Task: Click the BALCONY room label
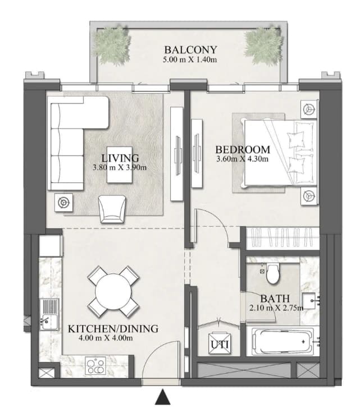190,50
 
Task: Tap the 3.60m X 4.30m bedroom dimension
242,159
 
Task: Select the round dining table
113,291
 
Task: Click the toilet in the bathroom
273,273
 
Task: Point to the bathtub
282,341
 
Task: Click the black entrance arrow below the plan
162,397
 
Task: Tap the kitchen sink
49,314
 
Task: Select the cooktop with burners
95,366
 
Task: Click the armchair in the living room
112,209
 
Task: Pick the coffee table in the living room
120,164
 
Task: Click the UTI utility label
220,345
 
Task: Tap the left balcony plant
113,45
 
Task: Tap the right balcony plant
263,46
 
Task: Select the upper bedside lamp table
309,109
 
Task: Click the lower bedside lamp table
309,196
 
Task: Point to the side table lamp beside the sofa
63,203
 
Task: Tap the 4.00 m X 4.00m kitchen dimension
106,338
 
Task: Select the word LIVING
120,158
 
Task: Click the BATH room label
275,299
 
